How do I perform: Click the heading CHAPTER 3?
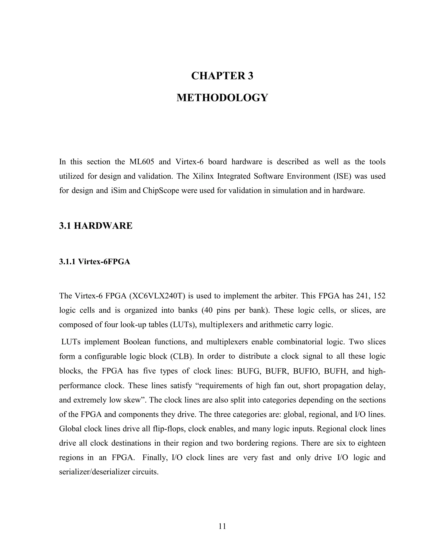pyautogui.click(x=222, y=76)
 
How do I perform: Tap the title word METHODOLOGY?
pyautogui.click(x=222, y=98)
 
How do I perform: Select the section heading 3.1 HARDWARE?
pyautogui.click(x=96, y=226)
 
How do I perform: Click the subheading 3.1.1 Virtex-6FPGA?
pyautogui.click(x=94, y=262)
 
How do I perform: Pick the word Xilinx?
pyautogui.click(x=203, y=176)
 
